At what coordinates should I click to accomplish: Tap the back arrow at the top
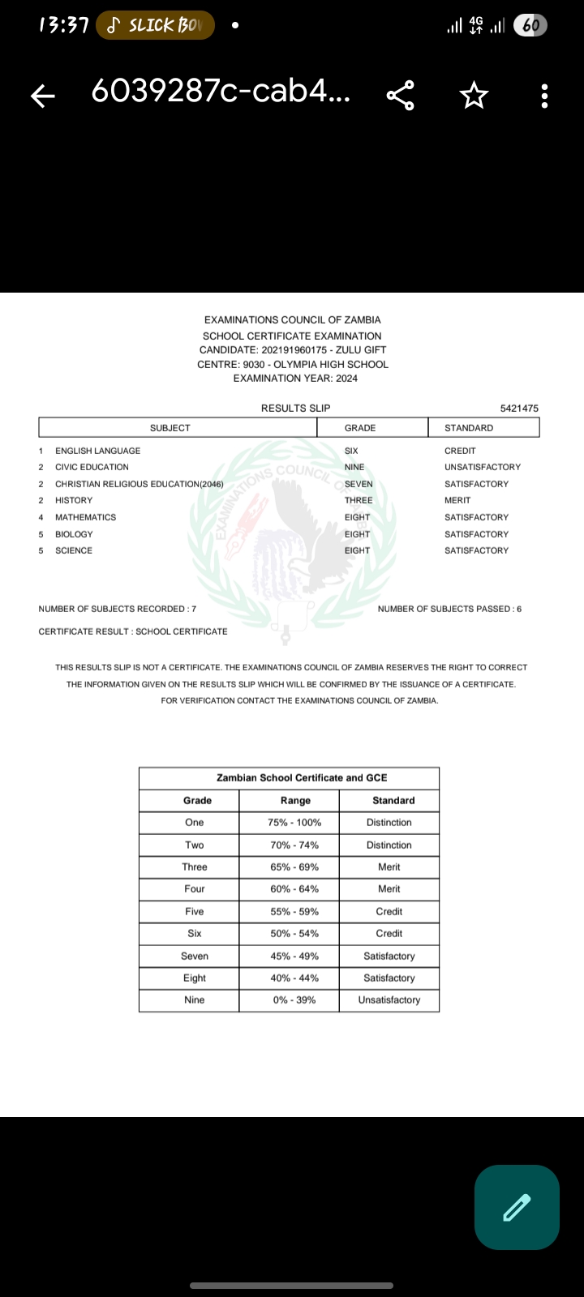(43, 96)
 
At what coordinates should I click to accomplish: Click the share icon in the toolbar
(401, 96)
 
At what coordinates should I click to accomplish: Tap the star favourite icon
(474, 96)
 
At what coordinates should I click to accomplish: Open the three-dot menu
(544, 96)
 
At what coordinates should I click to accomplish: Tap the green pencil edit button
(517, 1207)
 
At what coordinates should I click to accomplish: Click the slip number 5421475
(519, 409)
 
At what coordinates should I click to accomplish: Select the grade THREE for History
(359, 500)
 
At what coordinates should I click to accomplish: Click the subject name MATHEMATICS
(85, 517)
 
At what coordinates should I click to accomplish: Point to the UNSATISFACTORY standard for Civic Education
(482, 467)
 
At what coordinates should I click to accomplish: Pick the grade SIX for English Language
(351, 451)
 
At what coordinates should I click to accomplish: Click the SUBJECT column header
(170, 428)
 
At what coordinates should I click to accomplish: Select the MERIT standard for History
(457, 500)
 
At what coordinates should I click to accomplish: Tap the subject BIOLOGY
(74, 534)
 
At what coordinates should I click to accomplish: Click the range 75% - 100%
(294, 823)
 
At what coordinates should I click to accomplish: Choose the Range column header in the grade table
(295, 801)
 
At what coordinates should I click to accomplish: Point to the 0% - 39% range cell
(294, 1000)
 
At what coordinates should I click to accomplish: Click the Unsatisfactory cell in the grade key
(389, 1000)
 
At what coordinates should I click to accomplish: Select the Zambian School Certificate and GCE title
(302, 778)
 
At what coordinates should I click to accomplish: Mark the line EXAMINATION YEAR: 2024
(295, 379)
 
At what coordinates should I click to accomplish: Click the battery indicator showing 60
(530, 26)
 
